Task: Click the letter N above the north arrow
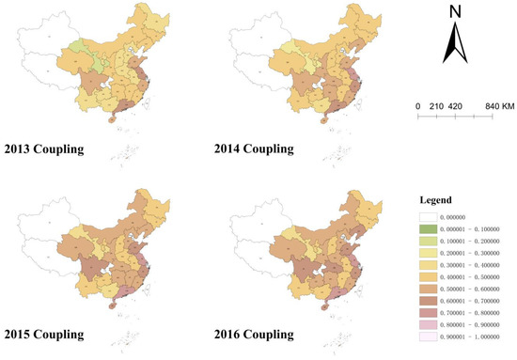(x=455, y=12)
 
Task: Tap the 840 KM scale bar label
(x=494, y=106)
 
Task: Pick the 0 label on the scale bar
(x=417, y=106)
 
